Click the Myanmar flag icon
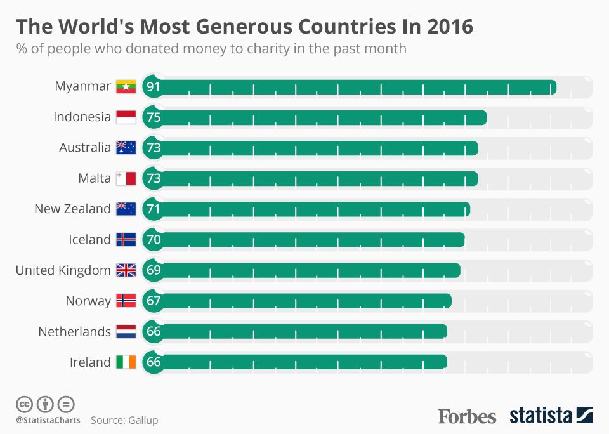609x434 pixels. pyautogui.click(x=126, y=86)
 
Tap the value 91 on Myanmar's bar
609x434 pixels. pyautogui.click(x=154, y=87)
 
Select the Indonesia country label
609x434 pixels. pyautogui.click(x=82, y=117)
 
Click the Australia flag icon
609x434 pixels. pyautogui.click(x=126, y=148)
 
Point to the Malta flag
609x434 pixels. pyautogui.click(x=126, y=178)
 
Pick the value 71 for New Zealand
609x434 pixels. pyautogui.click(x=154, y=209)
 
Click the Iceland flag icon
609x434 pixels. pyautogui.click(x=126, y=240)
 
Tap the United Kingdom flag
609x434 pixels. pyautogui.click(x=126, y=270)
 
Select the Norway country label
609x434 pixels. pyautogui.click(x=88, y=301)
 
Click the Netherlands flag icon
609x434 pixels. pyautogui.click(x=126, y=331)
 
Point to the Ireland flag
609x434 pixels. pyautogui.click(x=126, y=362)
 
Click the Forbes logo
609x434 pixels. pyautogui.click(x=467, y=416)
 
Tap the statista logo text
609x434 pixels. pyautogui.click(x=540, y=416)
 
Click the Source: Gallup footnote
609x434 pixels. pyautogui.click(x=124, y=420)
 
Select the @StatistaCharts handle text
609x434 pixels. pyautogui.click(x=43, y=420)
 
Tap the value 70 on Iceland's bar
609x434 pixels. pyautogui.click(x=154, y=240)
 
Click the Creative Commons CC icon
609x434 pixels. pyautogui.click(x=25, y=404)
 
